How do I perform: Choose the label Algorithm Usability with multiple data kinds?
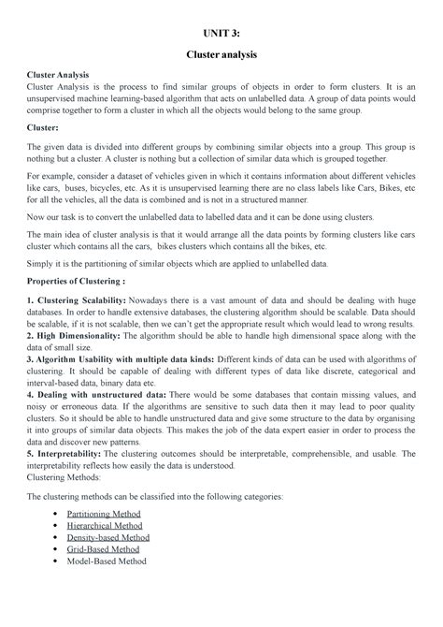[125, 359]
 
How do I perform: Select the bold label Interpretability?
[74, 454]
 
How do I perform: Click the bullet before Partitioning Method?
[61, 515]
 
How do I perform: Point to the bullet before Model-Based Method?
[61, 561]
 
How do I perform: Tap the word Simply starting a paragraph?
[41, 264]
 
